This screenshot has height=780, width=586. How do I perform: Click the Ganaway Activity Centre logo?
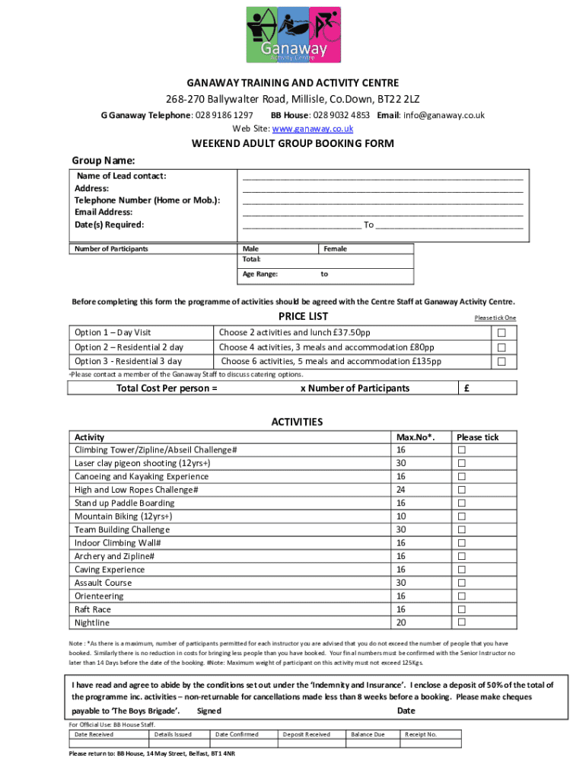click(x=293, y=35)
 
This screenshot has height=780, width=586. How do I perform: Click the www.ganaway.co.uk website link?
click(x=293, y=129)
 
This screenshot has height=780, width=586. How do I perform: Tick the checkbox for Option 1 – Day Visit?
click(x=502, y=333)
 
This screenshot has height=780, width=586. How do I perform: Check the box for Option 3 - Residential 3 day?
click(x=502, y=362)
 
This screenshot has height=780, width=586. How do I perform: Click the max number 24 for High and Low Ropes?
click(x=400, y=490)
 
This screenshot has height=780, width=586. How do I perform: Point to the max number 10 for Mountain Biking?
click(x=400, y=516)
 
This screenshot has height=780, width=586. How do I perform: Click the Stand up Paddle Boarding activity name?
click(x=124, y=503)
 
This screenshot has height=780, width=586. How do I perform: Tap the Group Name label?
click(x=103, y=161)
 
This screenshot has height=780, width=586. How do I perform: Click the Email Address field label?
click(x=104, y=213)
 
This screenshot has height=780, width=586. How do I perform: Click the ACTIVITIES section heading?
click(x=297, y=422)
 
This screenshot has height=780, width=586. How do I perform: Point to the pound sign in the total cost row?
click(x=467, y=388)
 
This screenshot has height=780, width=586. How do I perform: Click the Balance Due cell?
click(x=368, y=734)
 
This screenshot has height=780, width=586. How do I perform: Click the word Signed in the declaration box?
click(x=209, y=711)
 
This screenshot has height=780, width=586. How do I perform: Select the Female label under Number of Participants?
click(x=335, y=249)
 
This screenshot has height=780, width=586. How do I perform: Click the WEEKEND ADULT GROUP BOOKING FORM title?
click(x=292, y=144)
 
